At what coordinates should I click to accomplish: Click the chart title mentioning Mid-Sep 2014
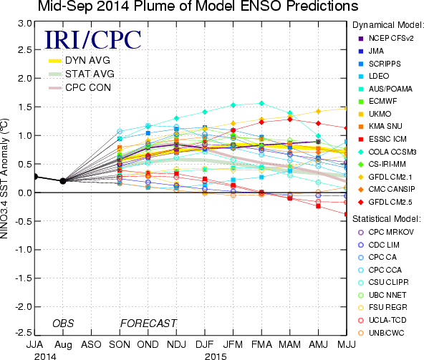pyautogui.click(x=198, y=6)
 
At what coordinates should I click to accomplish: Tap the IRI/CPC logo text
pyautogui.click(x=93, y=40)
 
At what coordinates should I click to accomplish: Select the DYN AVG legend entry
pyautogui.click(x=79, y=60)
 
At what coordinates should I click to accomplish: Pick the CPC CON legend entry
pyautogui.click(x=79, y=87)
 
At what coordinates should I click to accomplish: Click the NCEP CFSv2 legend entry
pyautogui.click(x=386, y=39)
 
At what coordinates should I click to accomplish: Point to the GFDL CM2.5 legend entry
pyautogui.click(x=385, y=202)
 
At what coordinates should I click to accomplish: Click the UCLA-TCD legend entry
pyautogui.click(x=382, y=320)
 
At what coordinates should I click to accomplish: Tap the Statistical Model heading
pyautogui.click(x=387, y=219)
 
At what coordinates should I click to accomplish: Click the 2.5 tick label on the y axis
pyautogui.click(x=24, y=49)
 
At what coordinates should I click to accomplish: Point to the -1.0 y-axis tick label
pyautogui.click(x=23, y=250)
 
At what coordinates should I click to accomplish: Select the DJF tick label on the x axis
pyautogui.click(x=205, y=344)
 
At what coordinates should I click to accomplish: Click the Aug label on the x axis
pyautogui.click(x=63, y=345)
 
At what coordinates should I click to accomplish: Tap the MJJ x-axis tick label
pyautogui.click(x=347, y=344)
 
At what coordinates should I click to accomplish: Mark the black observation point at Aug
pyautogui.click(x=63, y=181)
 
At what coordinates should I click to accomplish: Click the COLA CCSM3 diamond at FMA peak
pyautogui.click(x=261, y=103)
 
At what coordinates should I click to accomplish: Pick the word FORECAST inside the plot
pyautogui.click(x=148, y=323)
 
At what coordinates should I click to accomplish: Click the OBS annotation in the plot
pyautogui.click(x=63, y=323)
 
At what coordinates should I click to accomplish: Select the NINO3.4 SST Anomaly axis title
pyautogui.click(x=4, y=178)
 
